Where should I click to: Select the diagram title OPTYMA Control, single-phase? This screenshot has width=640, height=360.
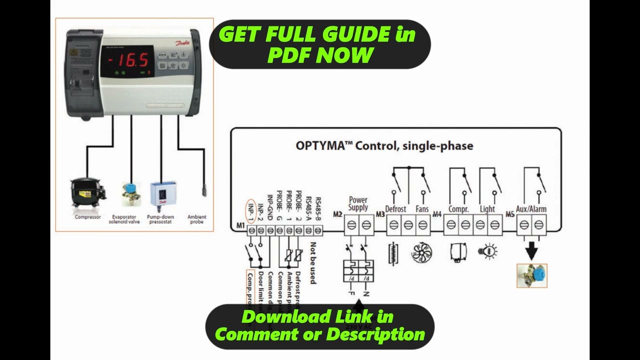coord(384,146)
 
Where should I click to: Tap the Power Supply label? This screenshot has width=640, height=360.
coord(358,203)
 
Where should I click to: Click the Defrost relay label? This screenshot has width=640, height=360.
coord(395,209)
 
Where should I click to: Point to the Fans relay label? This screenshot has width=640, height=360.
coord(422,209)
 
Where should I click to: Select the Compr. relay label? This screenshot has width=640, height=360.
coord(458,209)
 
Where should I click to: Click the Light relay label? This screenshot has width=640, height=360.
coord(487,209)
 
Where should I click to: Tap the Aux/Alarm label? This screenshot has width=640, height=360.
coord(531,209)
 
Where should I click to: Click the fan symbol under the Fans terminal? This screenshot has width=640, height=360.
coord(421,252)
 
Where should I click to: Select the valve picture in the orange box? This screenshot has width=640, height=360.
coord(532,275)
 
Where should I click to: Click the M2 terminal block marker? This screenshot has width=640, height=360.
coord(337,215)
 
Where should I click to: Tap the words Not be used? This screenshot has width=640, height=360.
coord(313,263)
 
